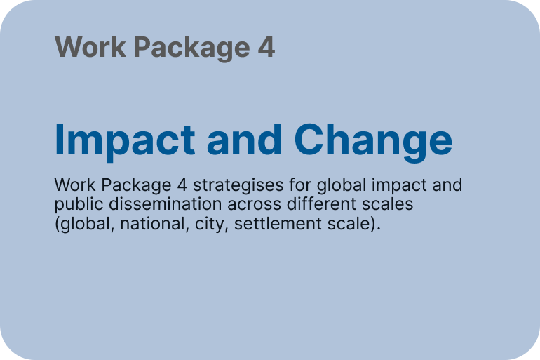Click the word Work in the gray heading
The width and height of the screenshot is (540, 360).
pos(90,47)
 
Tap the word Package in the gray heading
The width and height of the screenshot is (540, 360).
pos(191,48)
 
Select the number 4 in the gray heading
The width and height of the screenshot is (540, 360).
pos(266,47)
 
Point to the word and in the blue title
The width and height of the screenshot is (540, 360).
pos(244,140)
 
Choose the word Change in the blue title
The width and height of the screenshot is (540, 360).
pos(373,141)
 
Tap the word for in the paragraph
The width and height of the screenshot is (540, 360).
pos(300,185)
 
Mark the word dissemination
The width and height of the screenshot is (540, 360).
pos(166,204)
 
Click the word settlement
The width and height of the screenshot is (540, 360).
pos(278,224)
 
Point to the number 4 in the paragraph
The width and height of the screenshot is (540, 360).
pos(182,185)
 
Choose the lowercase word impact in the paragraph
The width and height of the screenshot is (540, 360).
pos(399,186)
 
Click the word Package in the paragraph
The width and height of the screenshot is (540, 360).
pos(136,186)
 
